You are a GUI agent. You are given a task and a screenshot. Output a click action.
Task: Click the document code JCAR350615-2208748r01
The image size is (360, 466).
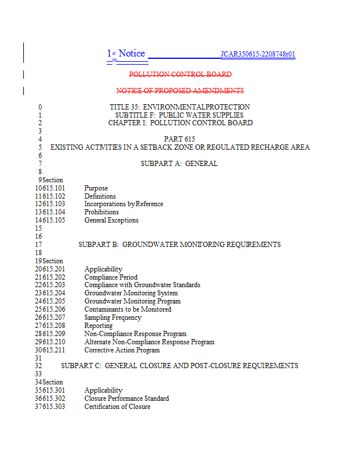tap(257, 55)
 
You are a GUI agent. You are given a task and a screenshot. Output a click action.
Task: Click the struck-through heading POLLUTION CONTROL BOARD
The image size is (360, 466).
tap(180, 75)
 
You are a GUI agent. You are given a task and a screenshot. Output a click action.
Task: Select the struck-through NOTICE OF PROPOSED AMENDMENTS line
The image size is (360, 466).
tap(180, 91)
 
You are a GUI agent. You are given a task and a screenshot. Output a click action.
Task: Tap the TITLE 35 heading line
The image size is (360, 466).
tap(179, 107)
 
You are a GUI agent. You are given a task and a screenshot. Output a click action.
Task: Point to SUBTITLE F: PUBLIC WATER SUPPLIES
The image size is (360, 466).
tap(179, 115)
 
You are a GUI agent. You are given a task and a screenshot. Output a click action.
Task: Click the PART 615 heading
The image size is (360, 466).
tap(179, 139)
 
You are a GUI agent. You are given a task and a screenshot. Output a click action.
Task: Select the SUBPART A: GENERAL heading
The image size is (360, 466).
tap(179, 164)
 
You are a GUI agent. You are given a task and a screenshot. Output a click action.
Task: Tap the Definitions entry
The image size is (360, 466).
tap(100, 196)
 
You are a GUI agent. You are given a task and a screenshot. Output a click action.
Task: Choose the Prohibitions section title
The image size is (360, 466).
tap(101, 212)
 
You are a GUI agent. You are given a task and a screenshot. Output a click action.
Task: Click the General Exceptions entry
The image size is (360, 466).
tap(111, 220)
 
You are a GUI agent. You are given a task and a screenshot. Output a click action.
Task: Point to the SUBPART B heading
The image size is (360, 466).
tap(179, 245)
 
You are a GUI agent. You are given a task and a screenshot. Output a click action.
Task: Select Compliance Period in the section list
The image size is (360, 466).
tap(111, 277)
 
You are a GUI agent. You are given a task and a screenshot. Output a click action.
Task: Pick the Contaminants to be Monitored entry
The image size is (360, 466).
tap(128, 309)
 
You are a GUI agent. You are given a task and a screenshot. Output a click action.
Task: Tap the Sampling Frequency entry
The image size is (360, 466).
tap(112, 317)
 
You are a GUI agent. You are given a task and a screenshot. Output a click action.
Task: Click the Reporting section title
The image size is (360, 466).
tap(98, 326)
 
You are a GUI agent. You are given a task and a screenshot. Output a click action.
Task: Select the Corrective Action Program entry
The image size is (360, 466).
tap(122, 350)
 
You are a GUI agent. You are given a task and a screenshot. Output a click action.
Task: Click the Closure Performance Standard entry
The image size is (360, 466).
tap(126, 398)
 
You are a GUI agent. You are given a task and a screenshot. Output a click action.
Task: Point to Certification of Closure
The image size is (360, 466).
tap(117, 407)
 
